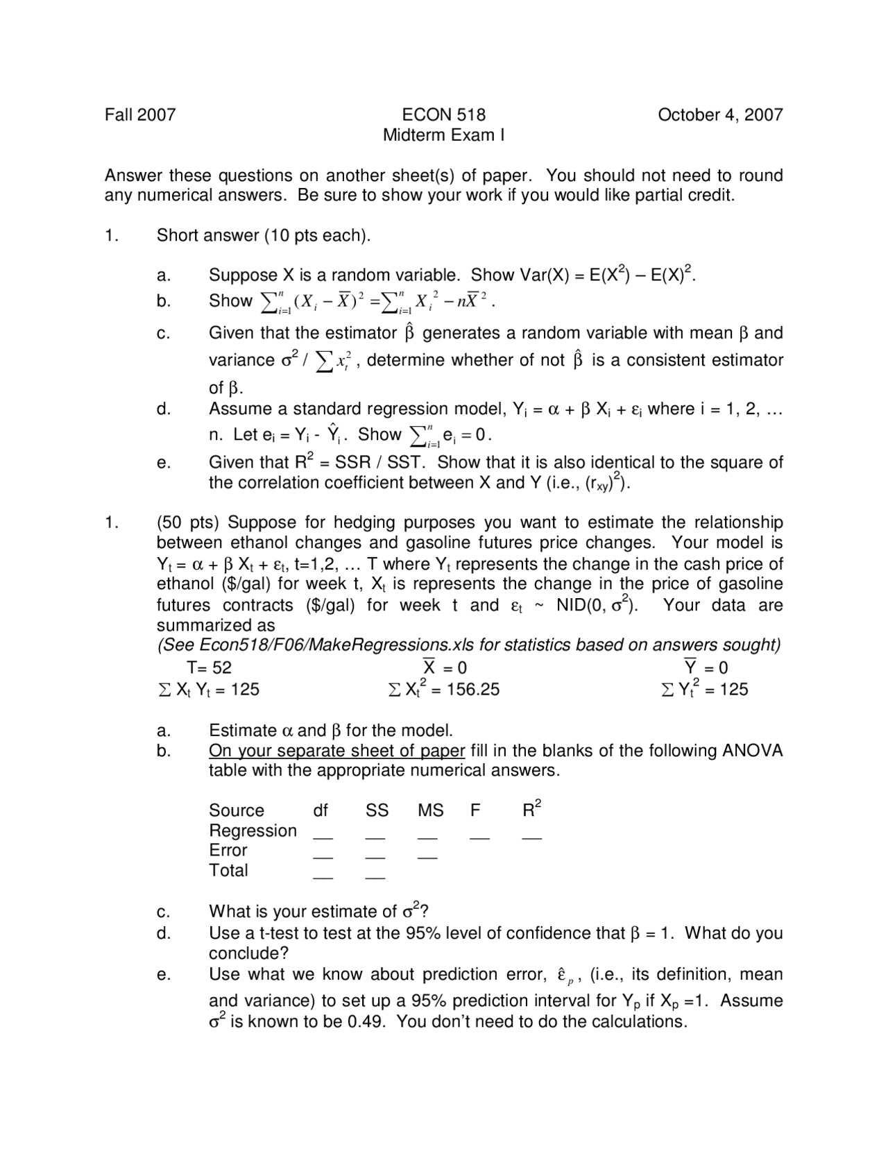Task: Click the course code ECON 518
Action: point(443,114)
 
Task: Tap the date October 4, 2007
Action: point(720,114)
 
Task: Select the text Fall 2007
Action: point(140,114)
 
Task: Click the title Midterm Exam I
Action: point(443,135)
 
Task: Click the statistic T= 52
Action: point(209,668)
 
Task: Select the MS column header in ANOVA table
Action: point(430,810)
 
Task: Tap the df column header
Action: point(321,810)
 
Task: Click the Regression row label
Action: point(253,831)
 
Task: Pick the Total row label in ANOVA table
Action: point(228,870)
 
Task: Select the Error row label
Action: point(228,850)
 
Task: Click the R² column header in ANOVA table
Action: point(531,810)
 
